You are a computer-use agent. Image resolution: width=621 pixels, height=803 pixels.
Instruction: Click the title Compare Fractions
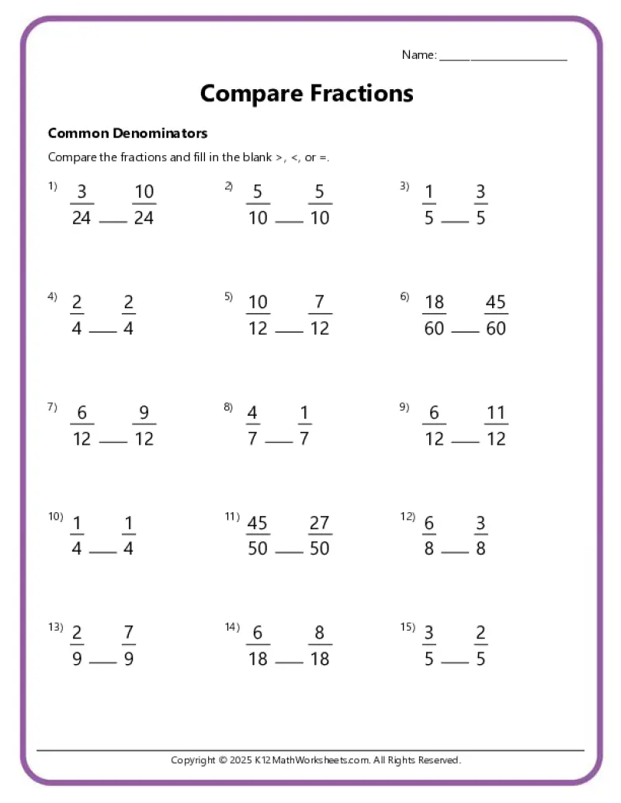(x=307, y=94)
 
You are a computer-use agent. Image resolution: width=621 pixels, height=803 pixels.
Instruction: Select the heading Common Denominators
(x=127, y=133)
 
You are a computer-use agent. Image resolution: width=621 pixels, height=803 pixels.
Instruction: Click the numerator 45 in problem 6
(x=495, y=303)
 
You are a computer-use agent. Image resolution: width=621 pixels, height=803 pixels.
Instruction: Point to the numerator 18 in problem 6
(x=434, y=303)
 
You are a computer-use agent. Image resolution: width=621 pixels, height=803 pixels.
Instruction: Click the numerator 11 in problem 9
(x=495, y=414)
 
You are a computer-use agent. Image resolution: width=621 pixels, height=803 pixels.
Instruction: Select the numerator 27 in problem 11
(x=319, y=524)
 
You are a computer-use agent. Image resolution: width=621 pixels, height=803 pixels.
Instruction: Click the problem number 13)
(x=55, y=627)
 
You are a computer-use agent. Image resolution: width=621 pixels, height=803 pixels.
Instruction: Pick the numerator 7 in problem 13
(x=128, y=634)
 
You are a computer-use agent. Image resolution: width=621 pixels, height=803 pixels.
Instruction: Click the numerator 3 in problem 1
(x=82, y=192)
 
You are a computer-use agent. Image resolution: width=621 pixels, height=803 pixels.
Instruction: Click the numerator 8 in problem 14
(x=319, y=634)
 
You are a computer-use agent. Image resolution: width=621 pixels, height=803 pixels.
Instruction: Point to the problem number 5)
(x=229, y=296)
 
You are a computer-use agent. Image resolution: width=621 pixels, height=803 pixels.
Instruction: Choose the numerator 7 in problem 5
(x=319, y=303)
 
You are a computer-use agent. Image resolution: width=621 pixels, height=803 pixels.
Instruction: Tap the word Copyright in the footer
(x=193, y=760)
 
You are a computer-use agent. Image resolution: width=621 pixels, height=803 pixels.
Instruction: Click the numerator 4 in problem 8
(x=252, y=414)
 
